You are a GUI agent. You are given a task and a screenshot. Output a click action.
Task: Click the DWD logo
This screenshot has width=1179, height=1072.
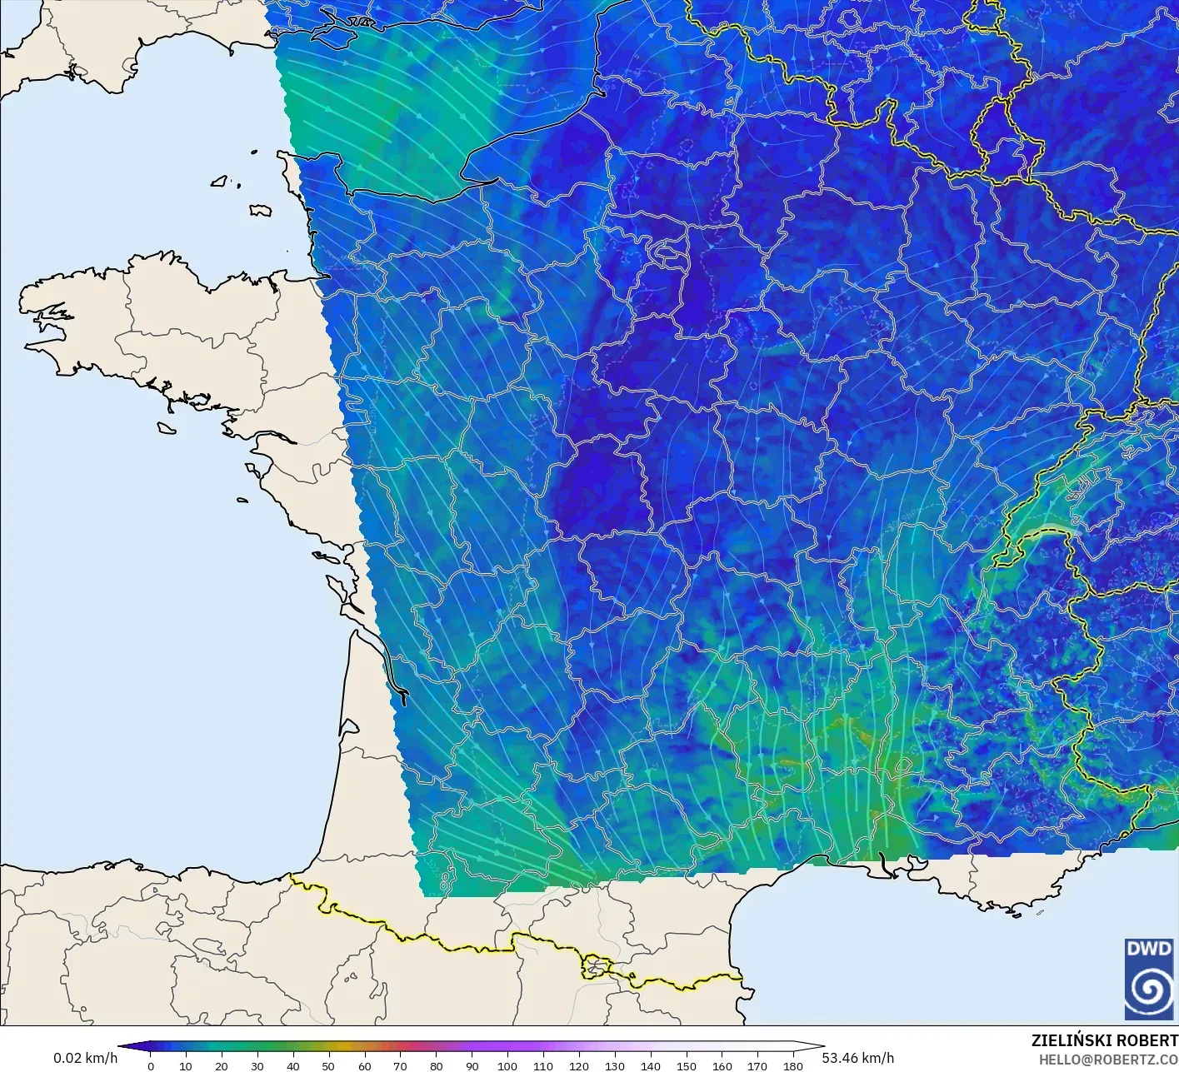point(1148,979)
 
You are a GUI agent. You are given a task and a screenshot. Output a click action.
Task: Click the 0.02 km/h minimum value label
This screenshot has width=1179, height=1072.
point(85,1058)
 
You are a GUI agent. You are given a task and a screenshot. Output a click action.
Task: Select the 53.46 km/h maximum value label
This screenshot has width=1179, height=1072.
point(857,1058)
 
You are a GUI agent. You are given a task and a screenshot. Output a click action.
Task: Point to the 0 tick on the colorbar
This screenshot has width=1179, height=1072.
point(150,1065)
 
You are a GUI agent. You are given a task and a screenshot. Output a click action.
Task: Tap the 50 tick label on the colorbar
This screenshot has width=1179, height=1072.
point(328,1065)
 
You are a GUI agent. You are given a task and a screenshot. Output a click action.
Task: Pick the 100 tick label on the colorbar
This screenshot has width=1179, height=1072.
point(507,1065)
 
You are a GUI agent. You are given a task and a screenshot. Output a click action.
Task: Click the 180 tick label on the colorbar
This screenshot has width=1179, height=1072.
point(793,1065)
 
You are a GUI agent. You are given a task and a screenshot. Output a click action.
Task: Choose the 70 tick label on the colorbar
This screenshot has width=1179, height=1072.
point(400,1065)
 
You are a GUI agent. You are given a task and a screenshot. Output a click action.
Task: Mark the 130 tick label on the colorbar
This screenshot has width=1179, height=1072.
point(615,1065)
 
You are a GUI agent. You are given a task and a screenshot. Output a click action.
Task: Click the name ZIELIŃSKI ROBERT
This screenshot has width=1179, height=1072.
point(1104,1040)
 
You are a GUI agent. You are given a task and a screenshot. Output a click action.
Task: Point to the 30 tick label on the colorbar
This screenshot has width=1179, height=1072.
point(257,1065)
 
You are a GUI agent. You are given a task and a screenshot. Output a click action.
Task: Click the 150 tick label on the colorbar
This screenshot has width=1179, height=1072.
point(687,1065)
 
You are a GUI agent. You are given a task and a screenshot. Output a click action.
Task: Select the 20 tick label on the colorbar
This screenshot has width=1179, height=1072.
point(221,1065)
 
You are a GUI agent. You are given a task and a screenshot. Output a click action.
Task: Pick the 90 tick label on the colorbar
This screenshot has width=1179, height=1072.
point(472,1065)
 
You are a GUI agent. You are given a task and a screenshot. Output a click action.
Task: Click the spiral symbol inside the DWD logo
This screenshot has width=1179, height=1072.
point(1148,990)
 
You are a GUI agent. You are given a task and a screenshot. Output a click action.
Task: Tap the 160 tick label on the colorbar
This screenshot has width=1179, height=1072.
point(722,1065)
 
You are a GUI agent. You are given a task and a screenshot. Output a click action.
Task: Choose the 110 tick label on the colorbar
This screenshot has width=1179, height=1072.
point(543,1065)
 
